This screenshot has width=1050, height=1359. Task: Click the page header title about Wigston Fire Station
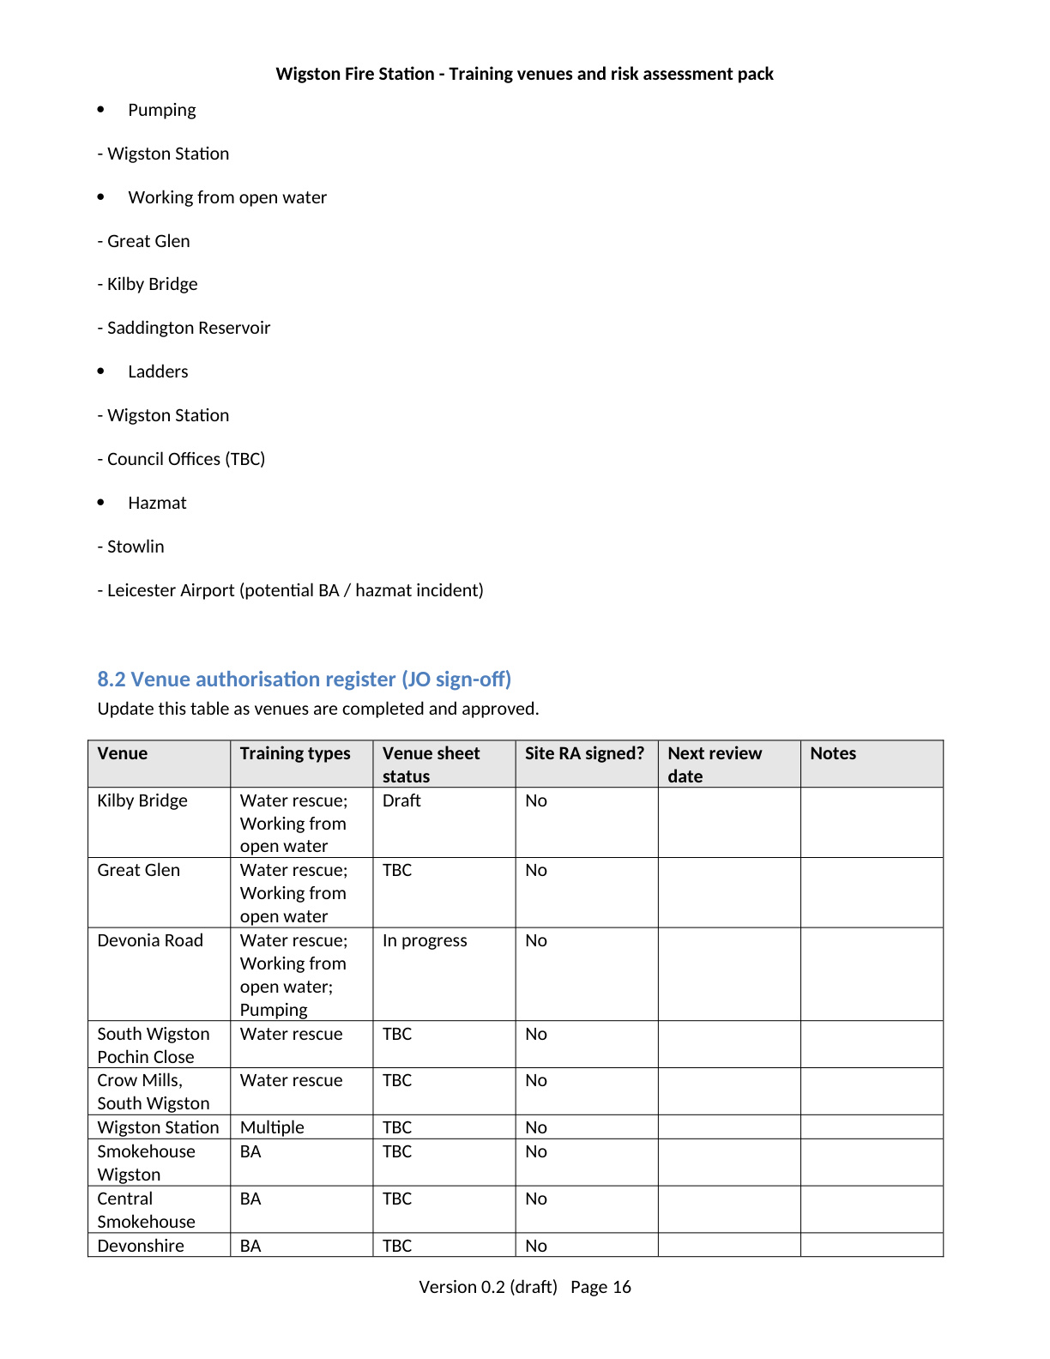coord(524,74)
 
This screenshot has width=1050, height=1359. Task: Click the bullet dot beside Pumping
coord(101,110)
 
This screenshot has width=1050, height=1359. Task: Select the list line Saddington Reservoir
coord(184,328)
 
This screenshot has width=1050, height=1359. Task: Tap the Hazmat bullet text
coord(157,503)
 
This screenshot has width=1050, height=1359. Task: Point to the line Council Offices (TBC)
coord(181,459)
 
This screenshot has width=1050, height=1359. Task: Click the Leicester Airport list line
coord(290,590)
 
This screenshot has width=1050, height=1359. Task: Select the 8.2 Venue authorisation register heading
coord(304,679)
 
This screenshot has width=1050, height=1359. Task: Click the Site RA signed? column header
coord(584,753)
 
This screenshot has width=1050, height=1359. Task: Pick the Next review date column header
coord(715,764)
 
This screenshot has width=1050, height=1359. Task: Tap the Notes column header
coord(833,753)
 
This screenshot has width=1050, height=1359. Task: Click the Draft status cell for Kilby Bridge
coord(401,800)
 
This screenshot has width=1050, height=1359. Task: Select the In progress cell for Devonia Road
coord(425,940)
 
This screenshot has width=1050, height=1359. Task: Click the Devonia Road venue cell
coord(150,940)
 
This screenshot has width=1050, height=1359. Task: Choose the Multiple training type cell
coord(272,1127)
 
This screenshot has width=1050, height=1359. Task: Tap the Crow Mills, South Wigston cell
coord(153,1091)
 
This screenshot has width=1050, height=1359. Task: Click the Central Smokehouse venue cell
coord(146,1210)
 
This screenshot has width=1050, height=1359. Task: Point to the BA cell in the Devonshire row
coord(250,1246)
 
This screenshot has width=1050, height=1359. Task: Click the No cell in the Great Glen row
coord(536,870)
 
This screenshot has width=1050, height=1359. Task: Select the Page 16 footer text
coord(600,1287)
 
